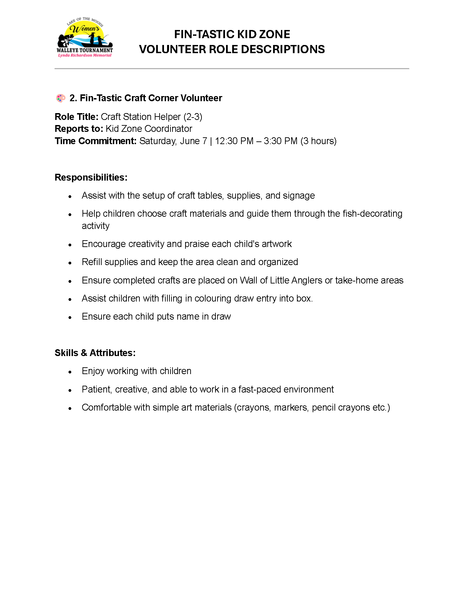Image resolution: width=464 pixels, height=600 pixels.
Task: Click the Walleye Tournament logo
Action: click(85, 37)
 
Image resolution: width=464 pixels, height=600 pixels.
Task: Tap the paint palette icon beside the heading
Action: click(61, 98)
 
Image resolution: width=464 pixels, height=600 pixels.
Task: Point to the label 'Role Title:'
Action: click(76, 117)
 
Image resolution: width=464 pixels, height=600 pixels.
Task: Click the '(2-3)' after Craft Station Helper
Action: click(193, 117)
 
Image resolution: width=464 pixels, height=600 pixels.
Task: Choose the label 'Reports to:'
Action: click(79, 129)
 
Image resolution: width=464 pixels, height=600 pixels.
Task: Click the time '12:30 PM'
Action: click(234, 141)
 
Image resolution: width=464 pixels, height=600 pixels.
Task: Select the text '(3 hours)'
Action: click(318, 141)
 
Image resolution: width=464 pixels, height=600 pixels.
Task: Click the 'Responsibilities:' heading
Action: click(91, 178)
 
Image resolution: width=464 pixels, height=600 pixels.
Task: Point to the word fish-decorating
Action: click(372, 214)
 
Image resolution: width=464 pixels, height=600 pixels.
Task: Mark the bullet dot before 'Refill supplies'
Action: click(70, 263)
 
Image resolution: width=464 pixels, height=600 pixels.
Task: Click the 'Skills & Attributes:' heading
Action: click(95, 353)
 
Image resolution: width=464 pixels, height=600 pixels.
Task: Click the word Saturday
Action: click(158, 141)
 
